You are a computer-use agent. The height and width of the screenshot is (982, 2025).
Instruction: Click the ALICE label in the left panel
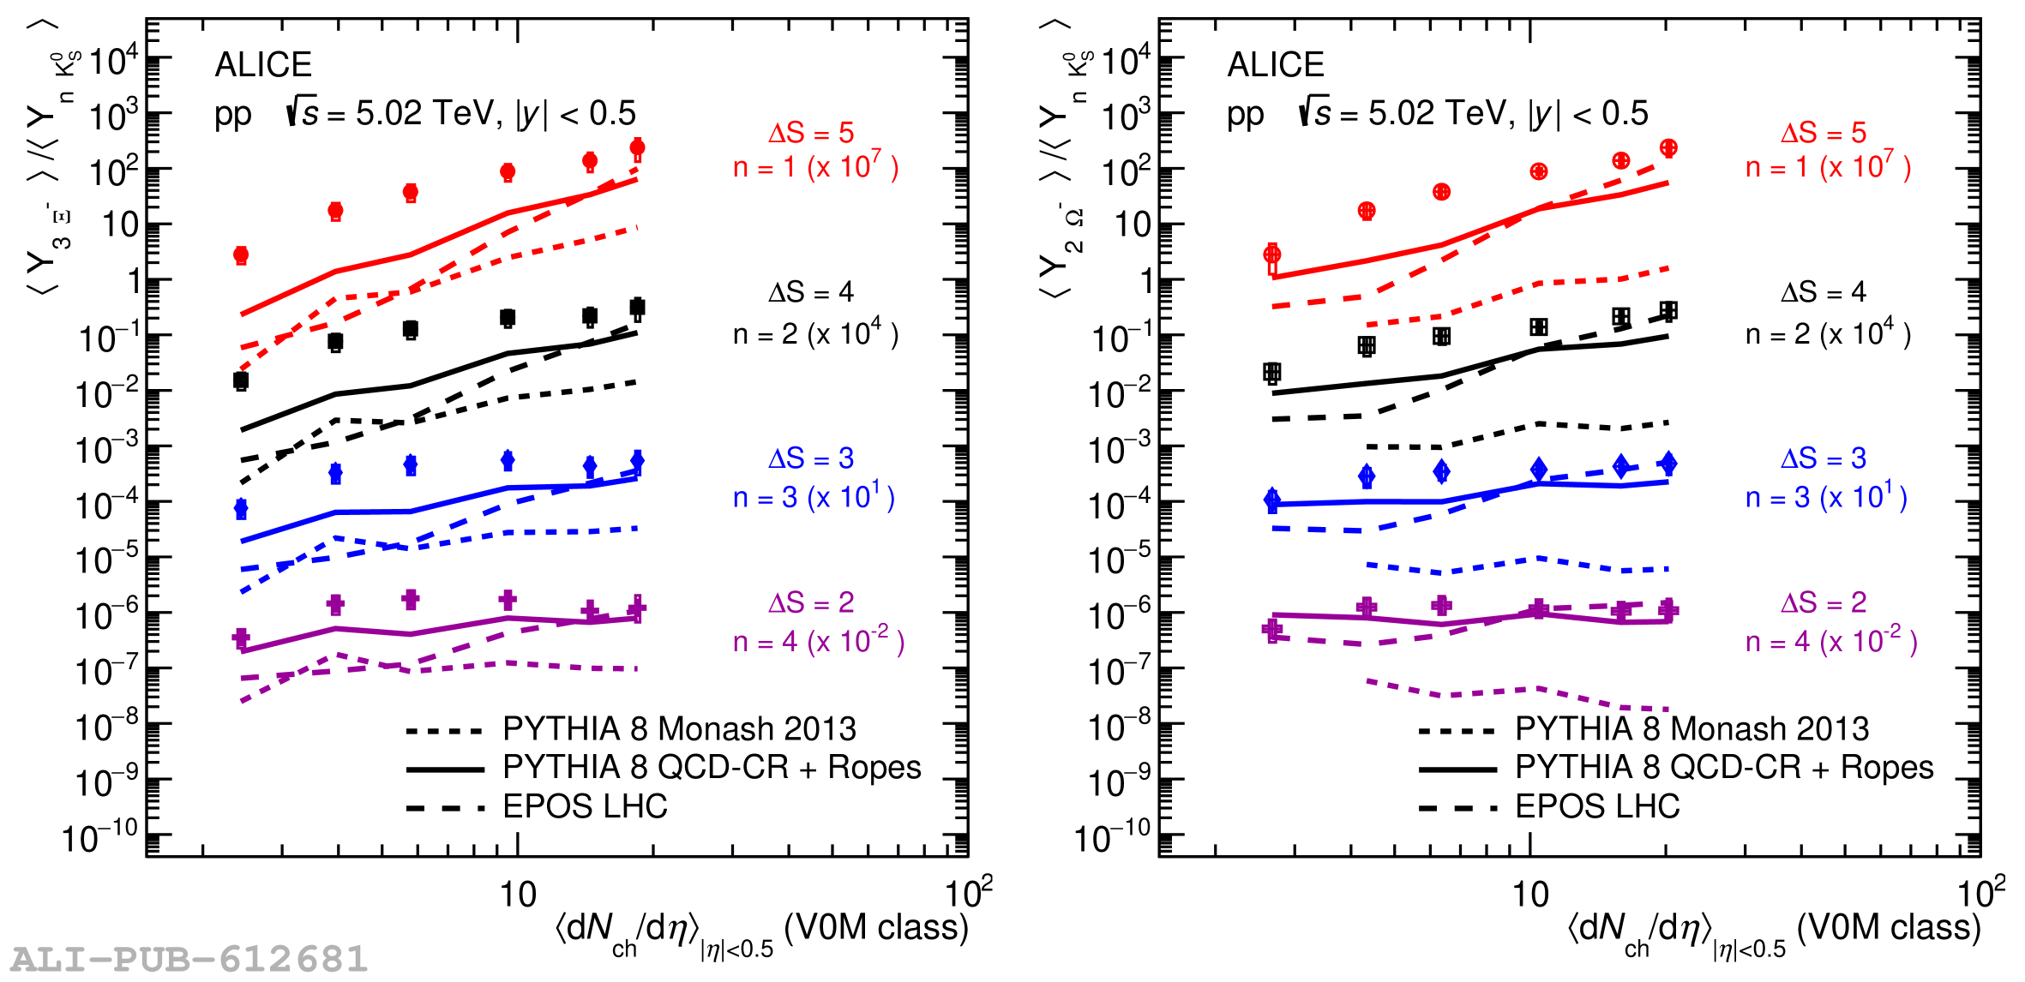coord(263,65)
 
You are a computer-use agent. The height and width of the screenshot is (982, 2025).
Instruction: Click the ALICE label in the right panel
coord(1276,65)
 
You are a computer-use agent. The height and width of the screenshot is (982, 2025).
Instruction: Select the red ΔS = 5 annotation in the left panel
coord(811,133)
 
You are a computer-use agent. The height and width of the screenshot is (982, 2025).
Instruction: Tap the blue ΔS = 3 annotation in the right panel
coord(1824,458)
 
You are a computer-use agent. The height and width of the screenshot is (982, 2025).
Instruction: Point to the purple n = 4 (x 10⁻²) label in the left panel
coord(818,641)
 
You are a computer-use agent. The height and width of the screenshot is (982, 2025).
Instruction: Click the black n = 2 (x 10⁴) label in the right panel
coord(1828,333)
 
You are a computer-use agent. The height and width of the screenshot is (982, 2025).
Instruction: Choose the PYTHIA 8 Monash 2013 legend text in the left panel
coord(679,728)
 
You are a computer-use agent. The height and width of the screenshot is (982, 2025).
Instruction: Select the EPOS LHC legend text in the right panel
coord(1597,806)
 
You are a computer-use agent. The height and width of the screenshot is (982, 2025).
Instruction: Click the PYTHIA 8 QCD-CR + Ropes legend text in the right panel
coord(1724,768)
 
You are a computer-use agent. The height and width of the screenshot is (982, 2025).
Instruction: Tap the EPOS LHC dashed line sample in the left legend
coord(445,807)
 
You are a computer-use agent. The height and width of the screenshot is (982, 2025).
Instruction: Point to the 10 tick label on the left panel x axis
coord(518,895)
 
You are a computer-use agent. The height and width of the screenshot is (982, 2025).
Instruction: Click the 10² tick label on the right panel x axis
coord(1980,893)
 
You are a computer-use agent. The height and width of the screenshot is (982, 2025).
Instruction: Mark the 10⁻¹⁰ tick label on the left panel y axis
coord(99,837)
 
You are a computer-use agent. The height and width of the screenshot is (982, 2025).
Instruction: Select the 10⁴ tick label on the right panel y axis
coord(1125,61)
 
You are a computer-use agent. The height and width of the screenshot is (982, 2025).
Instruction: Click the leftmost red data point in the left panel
coord(241,254)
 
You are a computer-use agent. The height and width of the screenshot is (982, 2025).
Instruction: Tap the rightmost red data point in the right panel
coord(1668,148)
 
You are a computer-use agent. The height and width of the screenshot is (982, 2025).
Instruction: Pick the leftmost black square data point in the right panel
coord(1272,372)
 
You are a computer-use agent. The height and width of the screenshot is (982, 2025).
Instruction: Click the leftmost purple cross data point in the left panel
coord(241,638)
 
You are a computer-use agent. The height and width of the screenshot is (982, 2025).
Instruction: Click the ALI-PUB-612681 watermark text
coord(189,959)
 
